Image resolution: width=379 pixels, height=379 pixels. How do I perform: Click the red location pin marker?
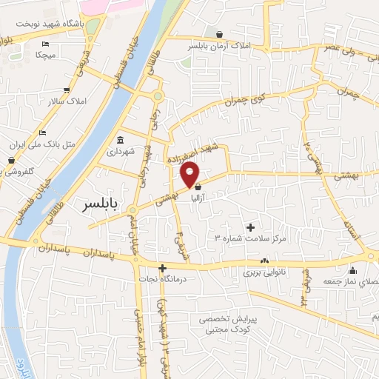[x=190, y=174]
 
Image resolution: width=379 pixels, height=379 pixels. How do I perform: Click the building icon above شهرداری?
[x=120, y=141]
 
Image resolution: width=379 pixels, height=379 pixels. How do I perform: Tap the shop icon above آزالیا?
[x=198, y=189]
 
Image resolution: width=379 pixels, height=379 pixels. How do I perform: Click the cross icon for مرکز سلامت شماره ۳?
[x=249, y=227]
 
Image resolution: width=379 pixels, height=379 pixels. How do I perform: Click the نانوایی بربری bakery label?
[x=264, y=272]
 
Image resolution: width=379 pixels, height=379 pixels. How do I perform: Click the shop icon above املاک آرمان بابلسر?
[x=220, y=34]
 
